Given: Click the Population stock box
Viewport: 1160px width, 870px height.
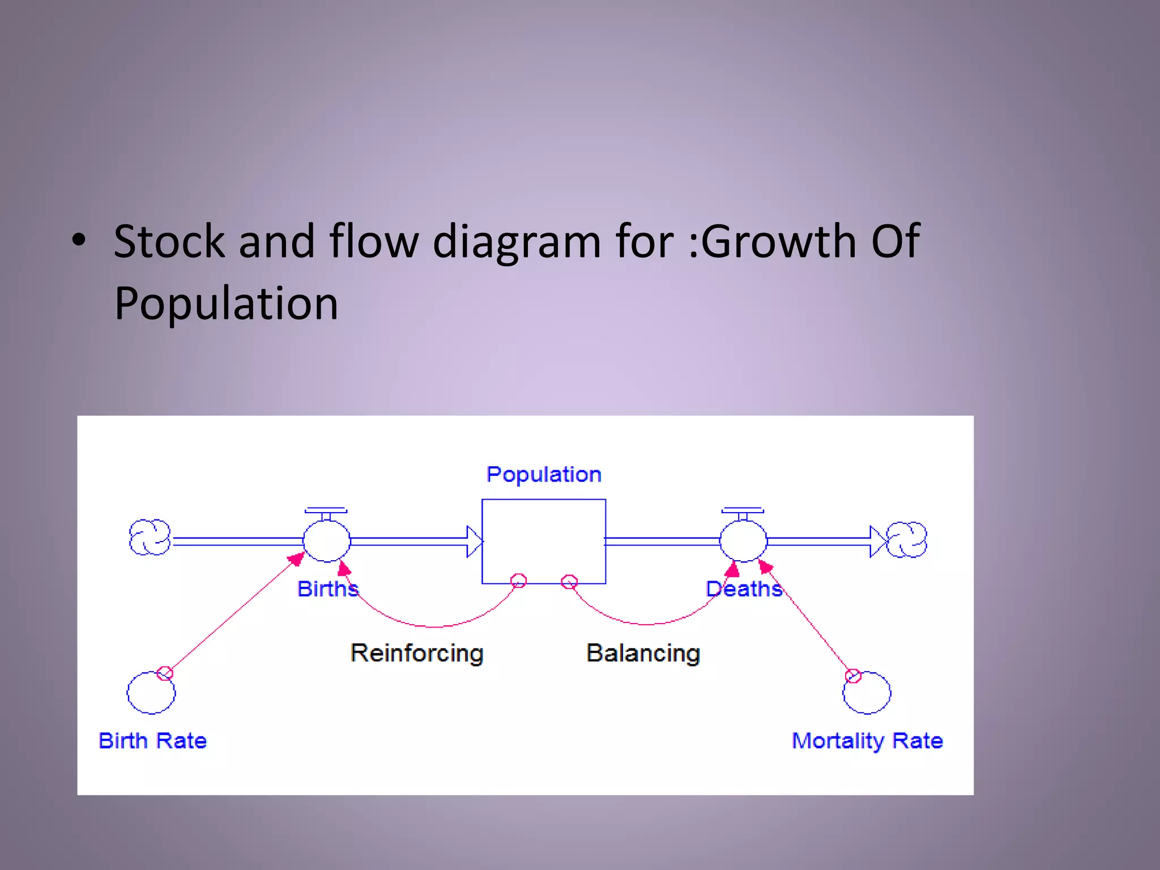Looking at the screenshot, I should click(544, 541).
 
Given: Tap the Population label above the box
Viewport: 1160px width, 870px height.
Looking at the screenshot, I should click(544, 474).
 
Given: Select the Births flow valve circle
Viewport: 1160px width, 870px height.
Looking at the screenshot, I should click(327, 541).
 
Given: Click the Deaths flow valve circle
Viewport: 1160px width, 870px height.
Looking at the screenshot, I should click(743, 541).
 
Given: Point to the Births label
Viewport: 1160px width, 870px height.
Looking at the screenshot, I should click(328, 589).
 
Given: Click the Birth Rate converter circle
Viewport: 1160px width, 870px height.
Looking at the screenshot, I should click(151, 693).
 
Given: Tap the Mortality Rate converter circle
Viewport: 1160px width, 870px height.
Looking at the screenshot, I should click(867, 693).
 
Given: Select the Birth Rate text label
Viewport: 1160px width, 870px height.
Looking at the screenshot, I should click(153, 741).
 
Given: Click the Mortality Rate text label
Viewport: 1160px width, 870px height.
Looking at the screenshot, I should click(867, 741).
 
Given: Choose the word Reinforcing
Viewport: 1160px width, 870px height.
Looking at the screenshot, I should click(417, 653).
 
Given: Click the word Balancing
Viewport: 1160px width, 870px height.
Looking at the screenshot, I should click(643, 653).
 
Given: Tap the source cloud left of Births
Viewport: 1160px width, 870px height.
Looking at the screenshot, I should click(150, 537).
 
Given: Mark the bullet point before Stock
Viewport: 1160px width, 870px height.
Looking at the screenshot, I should click(79, 240).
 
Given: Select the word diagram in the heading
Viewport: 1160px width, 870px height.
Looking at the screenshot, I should click(516, 242).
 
